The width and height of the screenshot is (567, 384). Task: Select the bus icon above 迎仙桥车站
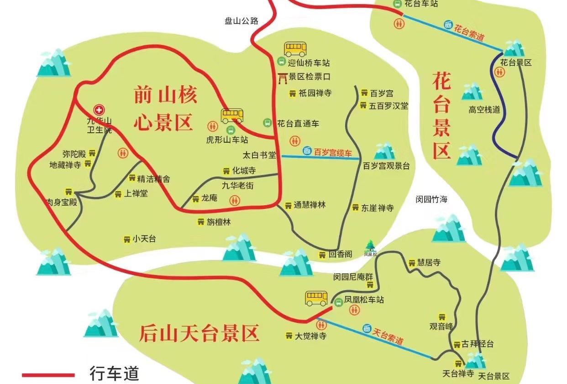tap(295, 48)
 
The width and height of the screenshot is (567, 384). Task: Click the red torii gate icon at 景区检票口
tap(283, 78)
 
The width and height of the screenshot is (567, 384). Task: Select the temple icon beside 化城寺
tap(226, 171)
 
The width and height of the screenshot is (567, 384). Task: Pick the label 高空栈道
tap(484, 109)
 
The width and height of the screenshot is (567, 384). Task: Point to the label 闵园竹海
tap(431, 199)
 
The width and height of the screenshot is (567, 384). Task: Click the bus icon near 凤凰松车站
tap(316, 298)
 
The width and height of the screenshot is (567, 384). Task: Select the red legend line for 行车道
tap(48, 375)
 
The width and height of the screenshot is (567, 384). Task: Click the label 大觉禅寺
tap(310, 336)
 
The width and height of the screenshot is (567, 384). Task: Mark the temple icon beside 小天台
tap(126, 239)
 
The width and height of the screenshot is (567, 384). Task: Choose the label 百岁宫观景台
tap(386, 166)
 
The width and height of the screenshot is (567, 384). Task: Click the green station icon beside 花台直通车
tap(267, 123)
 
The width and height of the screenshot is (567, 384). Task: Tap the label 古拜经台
tap(478, 344)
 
